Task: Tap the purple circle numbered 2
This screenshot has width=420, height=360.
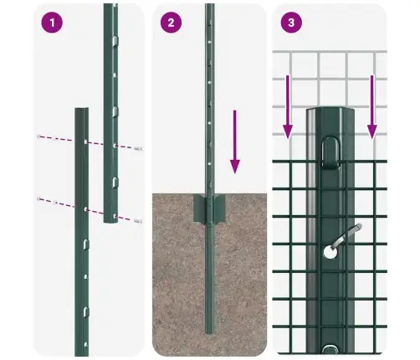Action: coord(171,23)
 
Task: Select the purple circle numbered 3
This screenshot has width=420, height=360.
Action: coord(290,23)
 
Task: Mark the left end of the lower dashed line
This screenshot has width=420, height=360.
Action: coord(38,198)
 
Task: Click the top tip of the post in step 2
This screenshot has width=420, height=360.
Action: coord(209,7)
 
